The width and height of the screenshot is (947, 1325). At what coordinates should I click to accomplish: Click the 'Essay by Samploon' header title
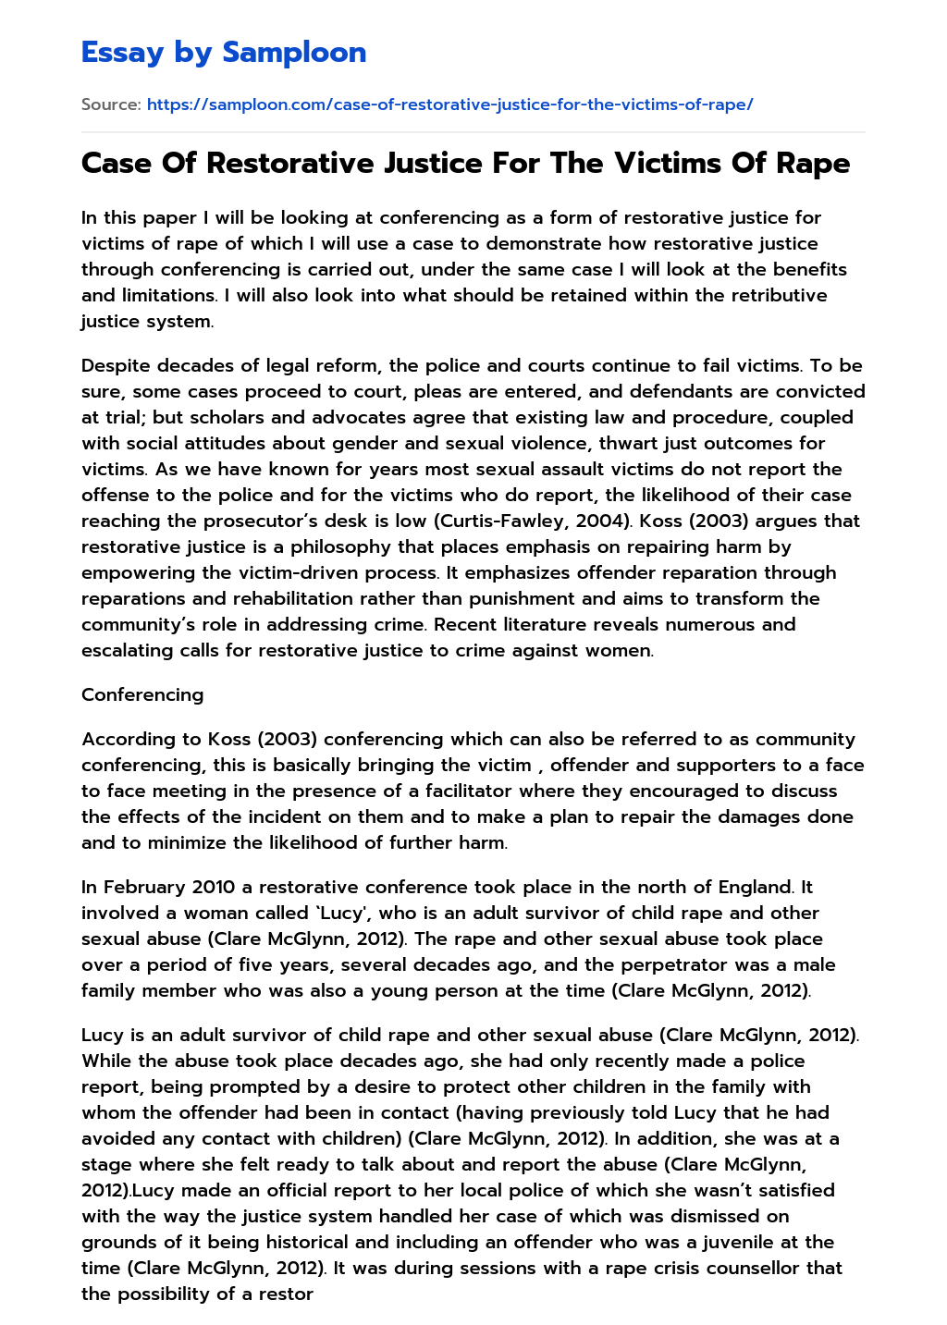pos(224,53)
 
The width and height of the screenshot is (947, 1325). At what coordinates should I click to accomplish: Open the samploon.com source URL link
pos(449,104)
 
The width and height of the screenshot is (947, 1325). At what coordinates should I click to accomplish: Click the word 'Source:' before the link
pos(111,104)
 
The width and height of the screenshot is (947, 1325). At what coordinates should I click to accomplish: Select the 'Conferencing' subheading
pos(142,694)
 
